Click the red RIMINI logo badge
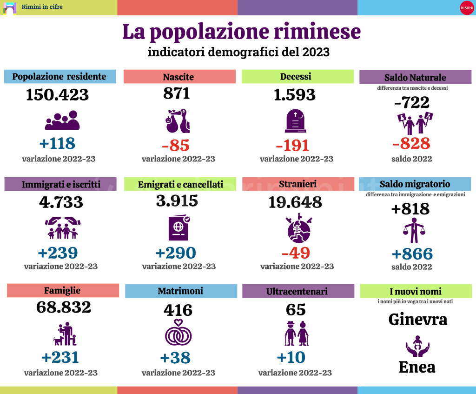(x=466, y=7)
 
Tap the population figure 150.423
(x=57, y=94)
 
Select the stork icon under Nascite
(x=178, y=121)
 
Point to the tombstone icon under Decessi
(x=296, y=121)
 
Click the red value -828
(x=411, y=143)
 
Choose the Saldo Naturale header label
(x=415, y=77)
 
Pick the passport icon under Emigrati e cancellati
(x=178, y=228)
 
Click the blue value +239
(x=58, y=253)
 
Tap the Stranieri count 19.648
(x=295, y=202)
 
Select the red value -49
(x=296, y=253)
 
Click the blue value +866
(x=412, y=254)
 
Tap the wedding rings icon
(x=178, y=333)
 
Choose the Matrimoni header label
(x=180, y=291)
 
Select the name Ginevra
(x=417, y=320)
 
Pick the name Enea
(x=417, y=367)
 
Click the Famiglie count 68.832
(x=64, y=307)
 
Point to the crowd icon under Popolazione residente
(x=62, y=120)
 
